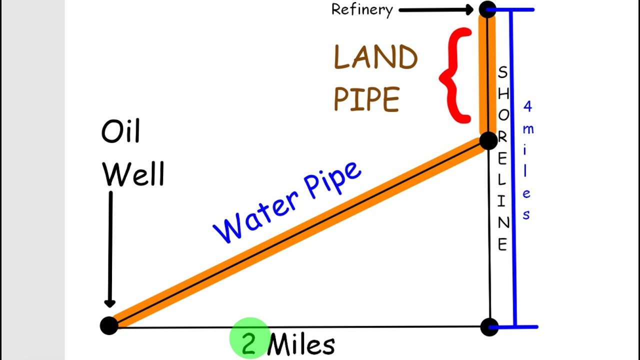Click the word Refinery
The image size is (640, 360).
click(x=362, y=9)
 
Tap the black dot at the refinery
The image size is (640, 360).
click(x=487, y=9)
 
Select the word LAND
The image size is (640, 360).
click(x=375, y=58)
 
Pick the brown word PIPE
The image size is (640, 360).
click(x=366, y=99)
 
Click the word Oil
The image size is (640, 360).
click(x=120, y=131)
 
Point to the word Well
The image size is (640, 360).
click(x=133, y=174)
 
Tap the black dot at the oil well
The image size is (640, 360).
click(x=109, y=325)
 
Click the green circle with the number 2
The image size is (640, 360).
click(x=249, y=338)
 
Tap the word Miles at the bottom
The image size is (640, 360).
click(x=301, y=344)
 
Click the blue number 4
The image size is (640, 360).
click(x=527, y=106)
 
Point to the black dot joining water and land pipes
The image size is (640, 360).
click(x=487, y=140)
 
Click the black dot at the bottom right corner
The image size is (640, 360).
click(x=489, y=327)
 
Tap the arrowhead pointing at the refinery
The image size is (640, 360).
click(x=468, y=9)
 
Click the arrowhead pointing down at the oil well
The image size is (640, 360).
click(x=110, y=303)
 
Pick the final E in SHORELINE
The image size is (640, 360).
click(x=502, y=244)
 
